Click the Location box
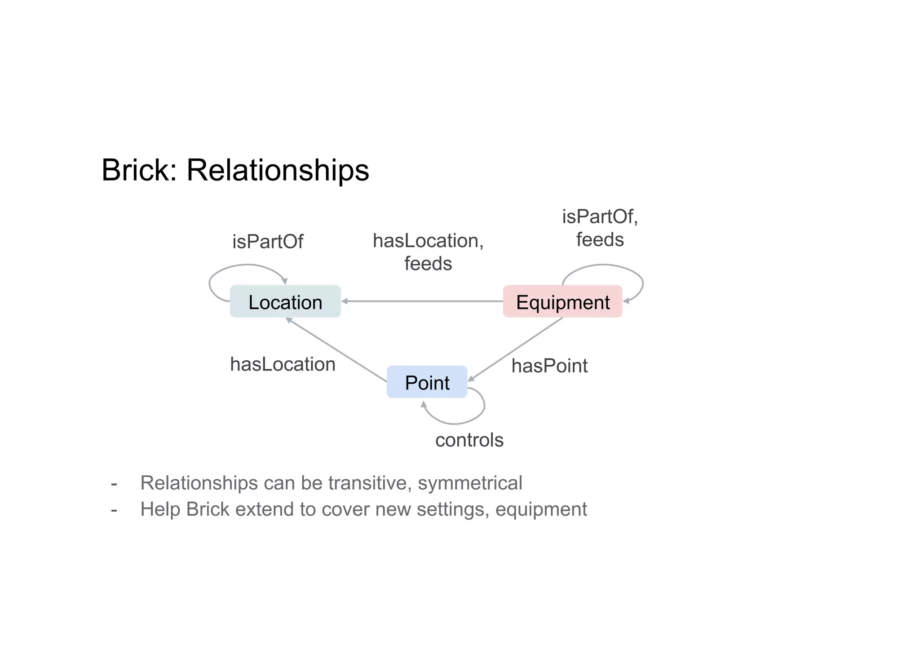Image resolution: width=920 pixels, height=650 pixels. (285, 301)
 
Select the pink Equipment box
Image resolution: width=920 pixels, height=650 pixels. (562, 301)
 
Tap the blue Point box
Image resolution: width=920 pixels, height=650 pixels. (427, 382)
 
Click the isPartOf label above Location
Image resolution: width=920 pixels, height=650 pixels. (267, 242)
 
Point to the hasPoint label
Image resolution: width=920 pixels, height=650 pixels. (549, 366)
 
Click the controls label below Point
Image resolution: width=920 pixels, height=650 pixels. (469, 440)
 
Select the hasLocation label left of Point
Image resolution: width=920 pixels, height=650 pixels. (283, 364)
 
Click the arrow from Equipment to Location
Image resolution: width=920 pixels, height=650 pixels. (422, 301)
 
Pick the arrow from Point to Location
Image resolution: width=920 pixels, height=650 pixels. (337, 350)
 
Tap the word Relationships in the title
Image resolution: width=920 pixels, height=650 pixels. (278, 171)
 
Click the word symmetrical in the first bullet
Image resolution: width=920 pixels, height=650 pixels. (470, 483)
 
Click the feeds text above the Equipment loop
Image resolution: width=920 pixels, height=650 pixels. (600, 240)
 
